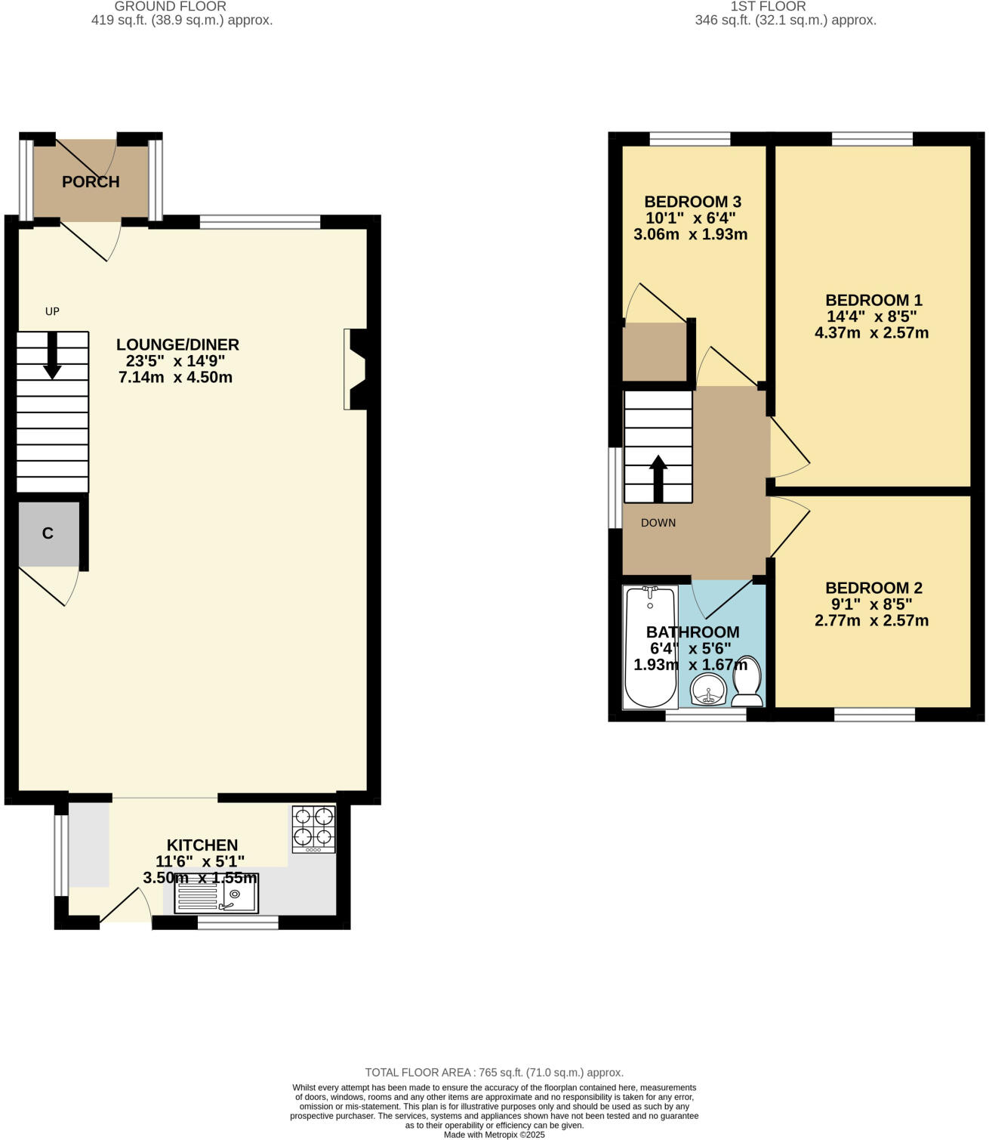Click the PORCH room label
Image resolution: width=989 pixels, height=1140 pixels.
91,182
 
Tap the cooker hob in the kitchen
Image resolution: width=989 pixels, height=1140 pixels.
313,830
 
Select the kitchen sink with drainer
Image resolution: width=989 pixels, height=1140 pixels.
216,894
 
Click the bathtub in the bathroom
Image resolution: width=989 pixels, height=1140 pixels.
649,647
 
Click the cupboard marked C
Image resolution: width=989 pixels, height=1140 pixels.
48,533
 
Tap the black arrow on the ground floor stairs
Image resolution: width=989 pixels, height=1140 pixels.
52,355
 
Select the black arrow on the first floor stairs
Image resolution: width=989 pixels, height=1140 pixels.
658,478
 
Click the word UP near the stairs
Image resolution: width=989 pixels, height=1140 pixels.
52,311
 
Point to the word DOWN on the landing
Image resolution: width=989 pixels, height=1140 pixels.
658,523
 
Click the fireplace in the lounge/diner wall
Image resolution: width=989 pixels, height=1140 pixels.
355,369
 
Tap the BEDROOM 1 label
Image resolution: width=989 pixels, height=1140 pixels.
873,300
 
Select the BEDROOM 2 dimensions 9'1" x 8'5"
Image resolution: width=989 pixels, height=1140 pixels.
872,604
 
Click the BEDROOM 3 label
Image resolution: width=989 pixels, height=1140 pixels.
692,202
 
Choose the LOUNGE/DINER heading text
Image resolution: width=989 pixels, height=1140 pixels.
177,344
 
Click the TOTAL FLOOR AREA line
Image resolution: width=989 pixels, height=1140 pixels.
494,1072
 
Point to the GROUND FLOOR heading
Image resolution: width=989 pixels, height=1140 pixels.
170,7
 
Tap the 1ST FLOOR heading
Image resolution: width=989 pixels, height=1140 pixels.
768,7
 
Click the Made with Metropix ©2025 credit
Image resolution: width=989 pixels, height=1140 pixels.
494,1134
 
